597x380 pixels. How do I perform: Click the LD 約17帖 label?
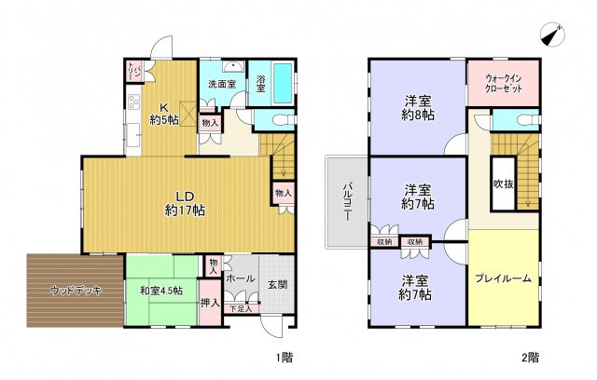point(179,202)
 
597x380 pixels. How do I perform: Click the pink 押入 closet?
point(211,303)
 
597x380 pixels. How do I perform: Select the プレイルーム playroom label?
point(502,277)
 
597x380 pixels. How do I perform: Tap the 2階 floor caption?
point(531,358)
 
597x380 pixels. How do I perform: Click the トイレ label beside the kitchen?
point(133,72)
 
